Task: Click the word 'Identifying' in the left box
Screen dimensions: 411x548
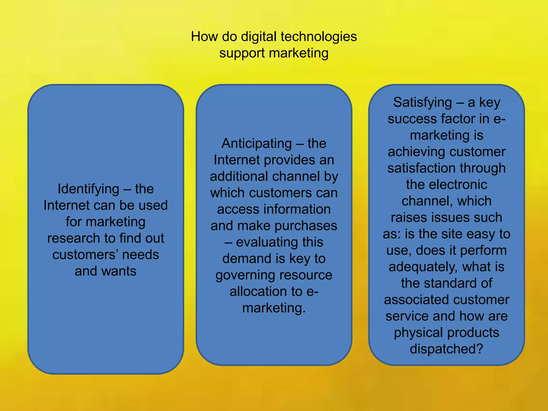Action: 88,189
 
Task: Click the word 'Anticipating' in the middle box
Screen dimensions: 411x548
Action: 257,144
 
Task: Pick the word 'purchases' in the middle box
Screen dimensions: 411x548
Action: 306,226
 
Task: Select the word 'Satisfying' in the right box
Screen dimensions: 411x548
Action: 423,102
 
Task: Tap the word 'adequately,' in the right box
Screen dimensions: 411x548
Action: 424,267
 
